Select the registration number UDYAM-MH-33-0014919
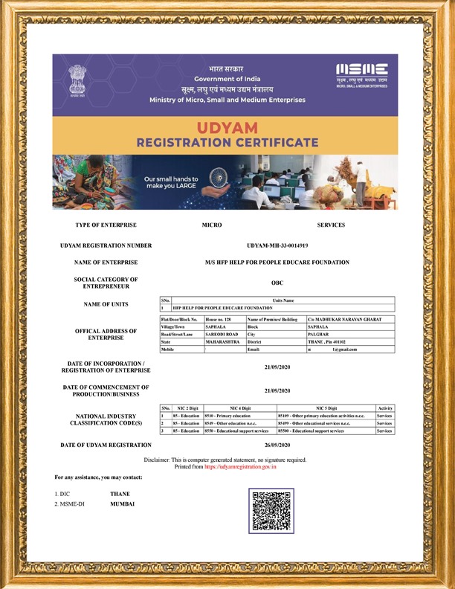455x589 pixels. (277, 245)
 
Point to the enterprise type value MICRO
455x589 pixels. (212, 225)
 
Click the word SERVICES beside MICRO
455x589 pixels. (331, 225)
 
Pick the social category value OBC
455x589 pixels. (277, 283)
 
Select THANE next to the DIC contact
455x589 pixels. (120, 494)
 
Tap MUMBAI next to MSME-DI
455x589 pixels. (122, 504)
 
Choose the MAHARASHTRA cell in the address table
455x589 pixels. (222, 341)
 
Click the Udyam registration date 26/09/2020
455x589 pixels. (277, 445)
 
